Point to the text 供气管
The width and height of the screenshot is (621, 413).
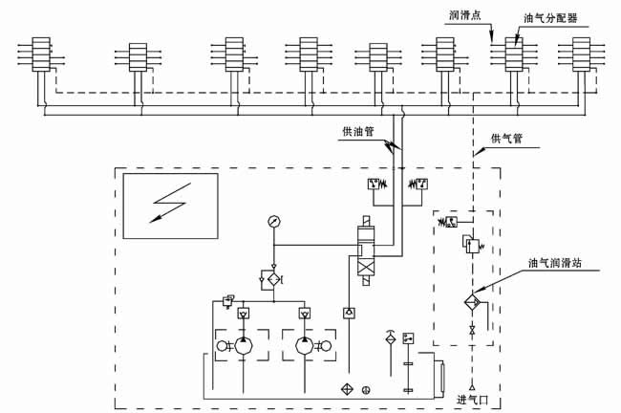507,139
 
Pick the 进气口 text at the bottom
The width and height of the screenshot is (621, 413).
475,399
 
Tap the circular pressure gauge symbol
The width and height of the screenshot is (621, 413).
275,222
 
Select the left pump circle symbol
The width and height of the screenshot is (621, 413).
244,346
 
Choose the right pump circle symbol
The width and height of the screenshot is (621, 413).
306,346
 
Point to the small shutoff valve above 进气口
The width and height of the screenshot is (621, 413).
472,329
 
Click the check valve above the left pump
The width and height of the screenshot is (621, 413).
244,313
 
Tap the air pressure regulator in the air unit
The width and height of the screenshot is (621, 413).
471,246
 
